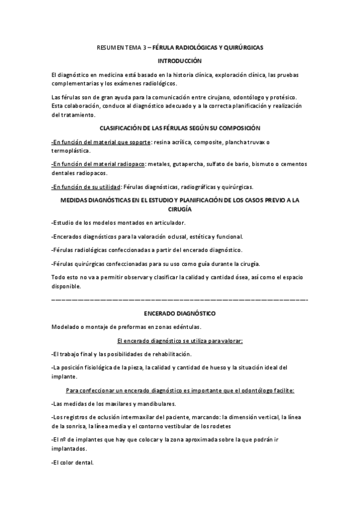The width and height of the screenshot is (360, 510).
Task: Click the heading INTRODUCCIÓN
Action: (x=180, y=61)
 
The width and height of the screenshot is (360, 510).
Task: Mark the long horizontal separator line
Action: (x=180, y=299)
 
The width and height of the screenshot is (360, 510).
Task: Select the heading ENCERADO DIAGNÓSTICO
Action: (x=180, y=313)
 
